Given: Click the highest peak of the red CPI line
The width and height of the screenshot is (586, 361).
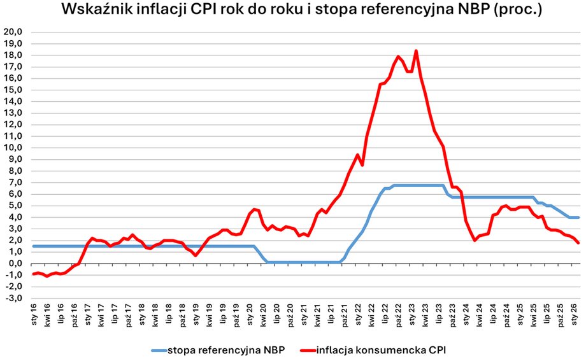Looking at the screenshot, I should [x=416, y=51].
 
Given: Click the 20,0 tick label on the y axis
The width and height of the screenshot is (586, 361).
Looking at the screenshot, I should [x=13, y=32].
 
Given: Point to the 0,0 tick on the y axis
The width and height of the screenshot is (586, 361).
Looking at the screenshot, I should [x=15, y=264].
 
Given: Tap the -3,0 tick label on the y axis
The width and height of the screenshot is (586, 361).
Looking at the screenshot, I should [x=13, y=298].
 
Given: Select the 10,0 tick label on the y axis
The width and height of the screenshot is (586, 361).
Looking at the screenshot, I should [x=13, y=148].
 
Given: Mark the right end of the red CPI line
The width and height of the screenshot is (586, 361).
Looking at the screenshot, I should [x=578, y=243].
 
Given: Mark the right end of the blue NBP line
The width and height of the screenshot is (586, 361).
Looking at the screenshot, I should [x=578, y=218].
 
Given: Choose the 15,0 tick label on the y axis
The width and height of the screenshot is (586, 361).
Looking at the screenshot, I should [x=13, y=90].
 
